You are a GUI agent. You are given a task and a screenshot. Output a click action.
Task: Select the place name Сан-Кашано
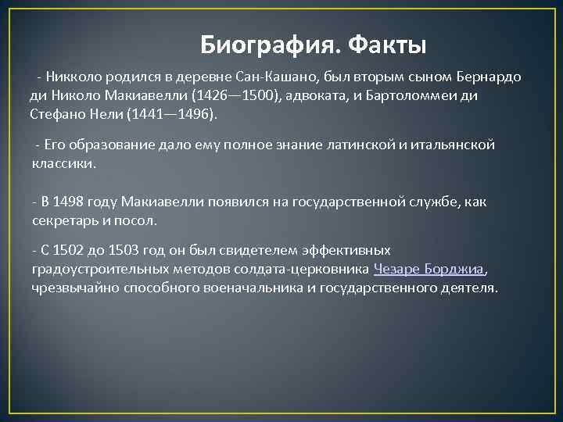pyautogui.click(x=299, y=77)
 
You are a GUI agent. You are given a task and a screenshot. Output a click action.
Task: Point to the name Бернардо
pyautogui.click(x=489, y=77)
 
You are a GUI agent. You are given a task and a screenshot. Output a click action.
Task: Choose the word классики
pyautogui.click(x=63, y=163)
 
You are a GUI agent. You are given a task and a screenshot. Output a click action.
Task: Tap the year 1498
pyautogui.click(x=69, y=202)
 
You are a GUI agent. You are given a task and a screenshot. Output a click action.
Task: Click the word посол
pyautogui.click(x=138, y=220)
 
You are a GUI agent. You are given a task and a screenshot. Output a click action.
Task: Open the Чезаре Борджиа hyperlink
pyautogui.click(x=430, y=270)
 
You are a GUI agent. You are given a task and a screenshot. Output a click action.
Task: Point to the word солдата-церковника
pyautogui.click(x=310, y=270)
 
